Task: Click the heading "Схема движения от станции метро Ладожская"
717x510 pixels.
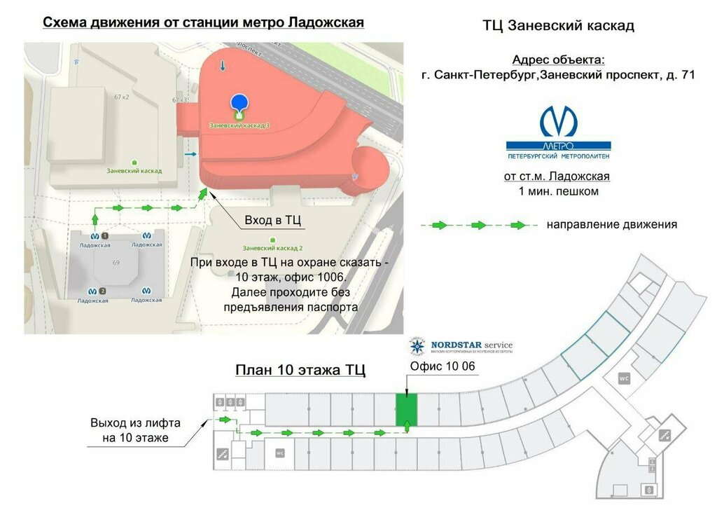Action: [x=203, y=22]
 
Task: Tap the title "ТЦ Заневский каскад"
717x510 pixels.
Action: [x=558, y=27]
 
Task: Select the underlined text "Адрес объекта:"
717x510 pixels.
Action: [x=558, y=60]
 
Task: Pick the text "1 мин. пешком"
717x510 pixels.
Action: [x=558, y=191]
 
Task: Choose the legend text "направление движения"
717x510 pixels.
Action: [x=612, y=225]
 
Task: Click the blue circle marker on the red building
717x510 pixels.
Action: [x=239, y=103]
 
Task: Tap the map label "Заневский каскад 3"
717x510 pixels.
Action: [x=239, y=125]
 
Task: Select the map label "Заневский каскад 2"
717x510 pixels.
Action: [x=272, y=248]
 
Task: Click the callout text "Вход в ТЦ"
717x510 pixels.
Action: [x=272, y=221]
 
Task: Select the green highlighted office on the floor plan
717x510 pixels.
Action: [x=406, y=409]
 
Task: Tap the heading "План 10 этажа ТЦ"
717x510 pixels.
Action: [x=300, y=370]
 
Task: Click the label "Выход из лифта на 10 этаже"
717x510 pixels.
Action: [x=135, y=431]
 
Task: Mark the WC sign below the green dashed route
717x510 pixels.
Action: [x=280, y=453]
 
